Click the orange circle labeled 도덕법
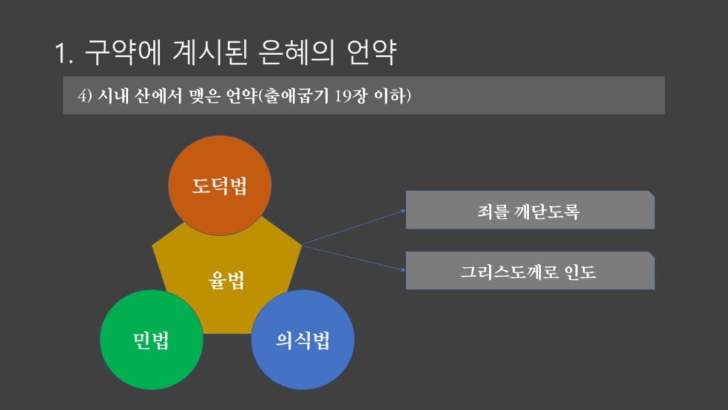pos(219,186)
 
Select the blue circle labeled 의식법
pos(303,340)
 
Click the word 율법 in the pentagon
pos(226,280)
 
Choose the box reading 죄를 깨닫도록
pos(530,210)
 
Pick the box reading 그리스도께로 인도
pos(530,270)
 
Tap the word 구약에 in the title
pos(122,52)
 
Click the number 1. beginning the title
pos(64,53)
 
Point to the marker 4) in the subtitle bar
pos(85,96)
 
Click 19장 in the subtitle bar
pos(353,96)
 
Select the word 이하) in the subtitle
pos(395,96)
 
